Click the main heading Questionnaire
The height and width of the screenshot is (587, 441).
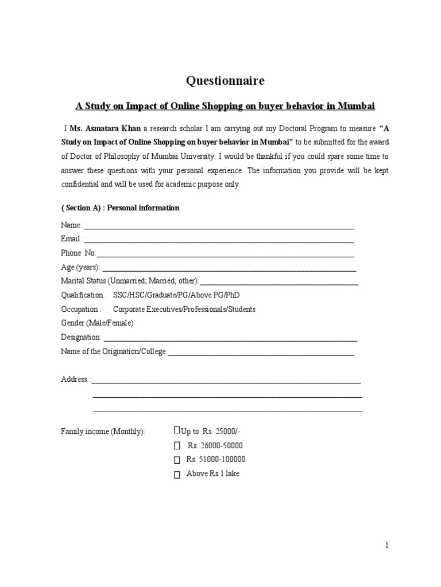tap(225, 81)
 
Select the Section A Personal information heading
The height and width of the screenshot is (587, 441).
tap(120, 208)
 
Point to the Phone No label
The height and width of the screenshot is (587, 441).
tap(79, 253)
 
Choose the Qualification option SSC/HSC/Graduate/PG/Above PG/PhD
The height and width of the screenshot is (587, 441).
tap(176, 295)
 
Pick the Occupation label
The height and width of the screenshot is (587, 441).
tap(81, 309)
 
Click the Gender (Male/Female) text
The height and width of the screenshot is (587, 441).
tap(97, 323)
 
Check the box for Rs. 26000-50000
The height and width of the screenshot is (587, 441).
tap(177, 446)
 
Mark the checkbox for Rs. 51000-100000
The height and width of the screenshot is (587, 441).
tap(177, 460)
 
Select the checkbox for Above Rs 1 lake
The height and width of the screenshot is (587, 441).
tap(177, 474)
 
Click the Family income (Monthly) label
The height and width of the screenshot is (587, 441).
tap(103, 431)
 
